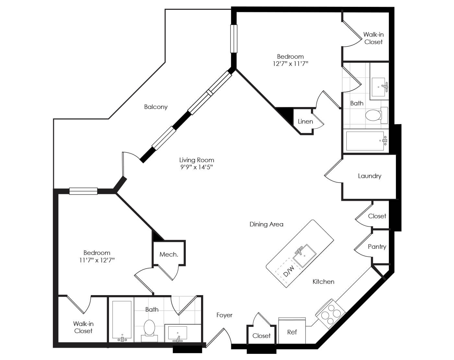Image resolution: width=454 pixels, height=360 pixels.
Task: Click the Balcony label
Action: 156,107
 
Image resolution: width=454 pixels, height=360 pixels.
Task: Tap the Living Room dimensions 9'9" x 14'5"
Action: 197,167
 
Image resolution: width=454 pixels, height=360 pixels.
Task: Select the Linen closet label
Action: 305,122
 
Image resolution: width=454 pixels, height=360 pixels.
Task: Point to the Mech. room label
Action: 169,255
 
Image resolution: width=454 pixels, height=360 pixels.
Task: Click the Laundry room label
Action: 369,176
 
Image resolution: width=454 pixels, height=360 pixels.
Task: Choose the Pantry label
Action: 377,247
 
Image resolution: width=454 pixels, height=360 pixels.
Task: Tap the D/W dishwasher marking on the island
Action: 288,271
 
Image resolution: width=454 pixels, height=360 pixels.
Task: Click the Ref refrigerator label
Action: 292,332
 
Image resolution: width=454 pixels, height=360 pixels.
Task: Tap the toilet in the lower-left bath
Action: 149,329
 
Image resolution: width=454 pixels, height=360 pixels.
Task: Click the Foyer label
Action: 224,315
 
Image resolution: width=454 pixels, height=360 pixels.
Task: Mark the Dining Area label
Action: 266,224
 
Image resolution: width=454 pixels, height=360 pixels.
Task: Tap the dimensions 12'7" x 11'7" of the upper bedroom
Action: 290,64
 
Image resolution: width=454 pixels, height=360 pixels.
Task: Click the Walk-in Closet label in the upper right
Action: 373,38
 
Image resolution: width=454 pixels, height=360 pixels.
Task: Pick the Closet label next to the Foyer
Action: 261,336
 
